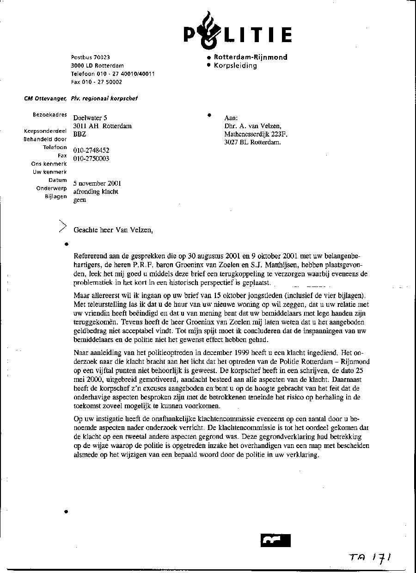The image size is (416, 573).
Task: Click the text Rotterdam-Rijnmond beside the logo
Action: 250,57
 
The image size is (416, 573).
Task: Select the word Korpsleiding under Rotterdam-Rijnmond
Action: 235,66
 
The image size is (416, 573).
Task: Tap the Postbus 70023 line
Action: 91,57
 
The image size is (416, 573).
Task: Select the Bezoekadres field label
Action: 49,114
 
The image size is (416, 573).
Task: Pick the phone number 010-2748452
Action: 91,150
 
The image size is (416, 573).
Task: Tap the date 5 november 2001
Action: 97,183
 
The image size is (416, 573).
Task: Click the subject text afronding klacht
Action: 96,192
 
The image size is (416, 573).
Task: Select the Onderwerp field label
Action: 51,188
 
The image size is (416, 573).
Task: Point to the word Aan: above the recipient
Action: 231,118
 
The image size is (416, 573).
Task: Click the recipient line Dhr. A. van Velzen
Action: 252,126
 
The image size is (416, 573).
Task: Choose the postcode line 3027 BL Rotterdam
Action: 252,143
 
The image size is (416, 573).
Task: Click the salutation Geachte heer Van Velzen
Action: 113,230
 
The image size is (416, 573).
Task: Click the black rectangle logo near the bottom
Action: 275,541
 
